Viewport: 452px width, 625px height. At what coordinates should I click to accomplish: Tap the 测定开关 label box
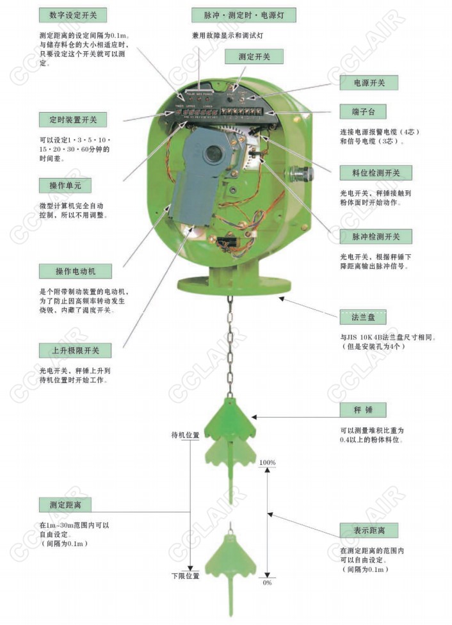[x=254, y=57]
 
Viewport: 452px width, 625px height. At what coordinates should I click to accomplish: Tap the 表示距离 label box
[x=367, y=530]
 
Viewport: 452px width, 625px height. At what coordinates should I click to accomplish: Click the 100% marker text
[x=268, y=462]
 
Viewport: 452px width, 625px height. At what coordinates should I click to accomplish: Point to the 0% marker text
[x=268, y=583]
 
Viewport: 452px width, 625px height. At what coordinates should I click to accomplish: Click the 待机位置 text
[x=186, y=435]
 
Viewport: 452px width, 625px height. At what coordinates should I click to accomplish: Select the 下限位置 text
[x=186, y=576]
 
